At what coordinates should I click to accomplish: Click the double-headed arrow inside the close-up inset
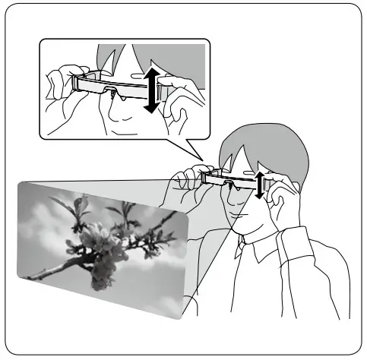click(150, 89)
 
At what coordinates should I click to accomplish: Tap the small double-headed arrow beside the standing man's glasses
click(260, 185)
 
